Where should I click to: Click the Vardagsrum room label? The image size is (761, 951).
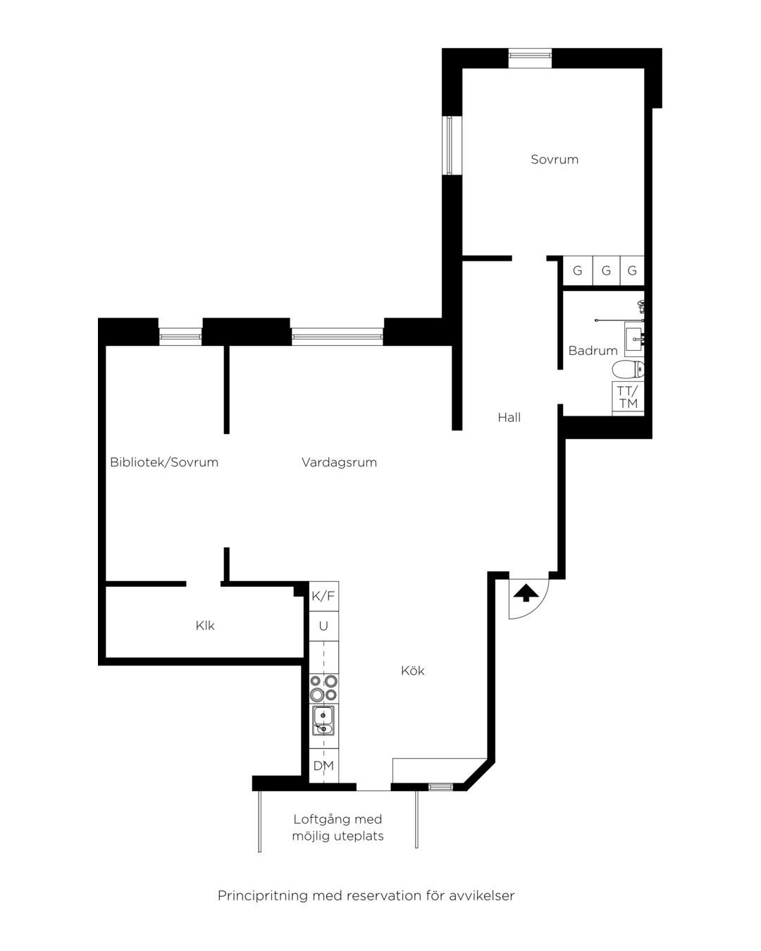point(339,462)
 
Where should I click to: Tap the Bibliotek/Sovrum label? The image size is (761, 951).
point(164,462)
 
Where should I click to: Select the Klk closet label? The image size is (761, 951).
point(205,626)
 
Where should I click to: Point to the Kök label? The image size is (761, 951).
point(412,671)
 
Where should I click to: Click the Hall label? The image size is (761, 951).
point(509,417)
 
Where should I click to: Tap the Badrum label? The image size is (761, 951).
point(593,350)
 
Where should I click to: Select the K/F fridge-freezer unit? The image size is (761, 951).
point(323,596)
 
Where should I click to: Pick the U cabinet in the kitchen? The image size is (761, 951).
point(323,626)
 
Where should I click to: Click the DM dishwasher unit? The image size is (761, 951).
point(323,766)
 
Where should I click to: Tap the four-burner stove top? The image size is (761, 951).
point(323,688)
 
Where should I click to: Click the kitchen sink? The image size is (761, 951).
point(323,721)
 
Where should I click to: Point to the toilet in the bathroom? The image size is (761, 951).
point(628,369)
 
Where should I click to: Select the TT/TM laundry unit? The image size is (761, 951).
point(628,397)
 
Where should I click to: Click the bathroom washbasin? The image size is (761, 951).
point(635,340)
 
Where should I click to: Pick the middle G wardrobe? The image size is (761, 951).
point(606,271)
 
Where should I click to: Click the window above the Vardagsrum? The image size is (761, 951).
point(337,337)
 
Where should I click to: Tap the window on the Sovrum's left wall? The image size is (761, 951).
point(450,145)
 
